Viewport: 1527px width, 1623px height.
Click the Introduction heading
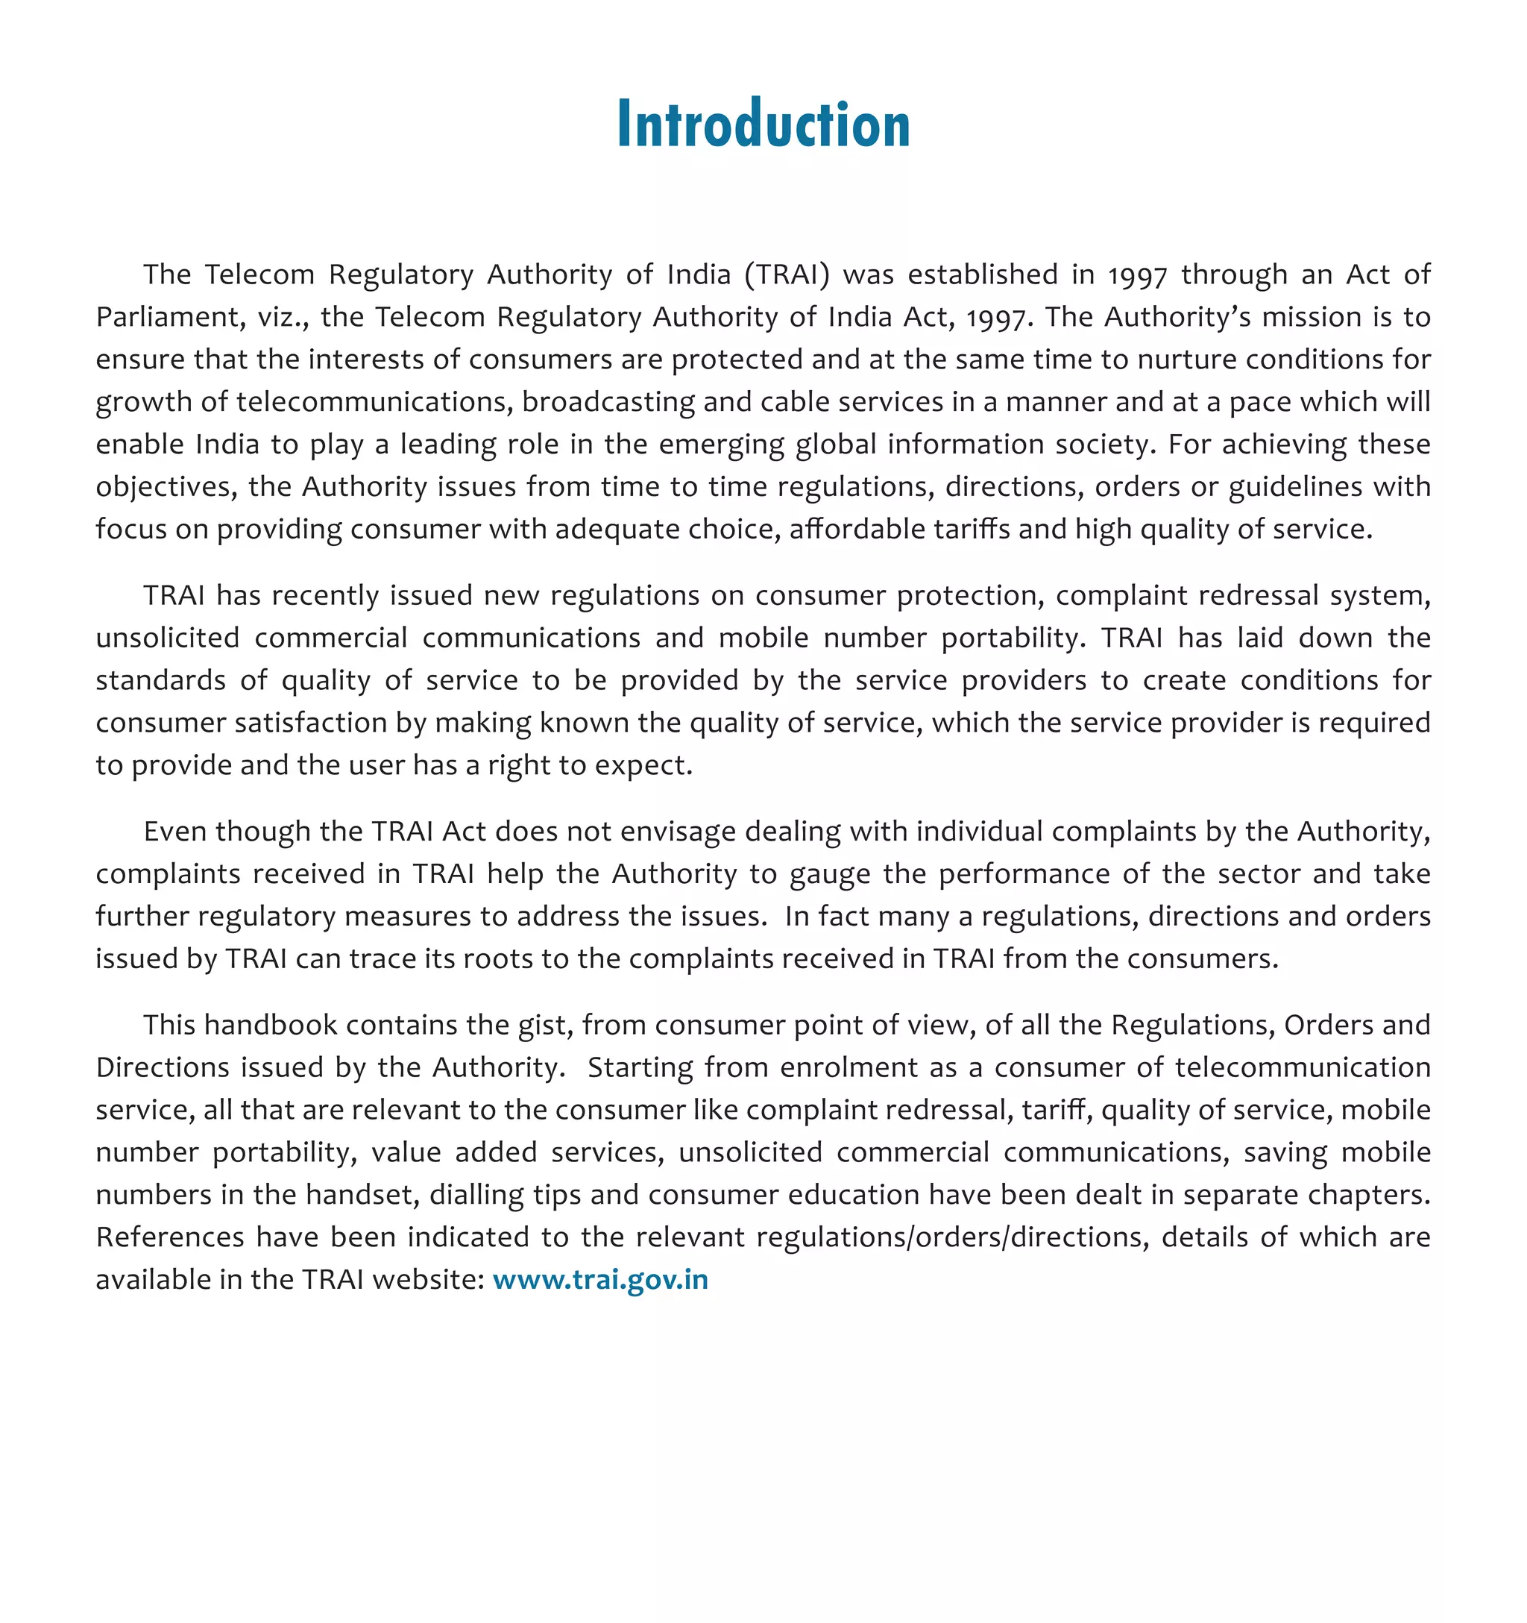[x=763, y=124]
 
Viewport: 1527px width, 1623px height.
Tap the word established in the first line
[x=983, y=274]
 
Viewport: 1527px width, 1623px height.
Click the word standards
[x=160, y=680]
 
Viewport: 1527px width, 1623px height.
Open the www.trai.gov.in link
[x=600, y=1279]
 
